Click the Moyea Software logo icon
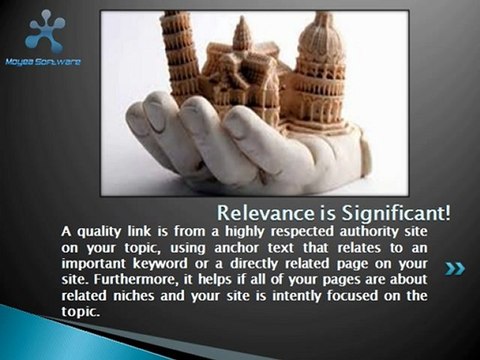click(x=43, y=30)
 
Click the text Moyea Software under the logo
click(x=43, y=62)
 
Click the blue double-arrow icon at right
click(x=455, y=268)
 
